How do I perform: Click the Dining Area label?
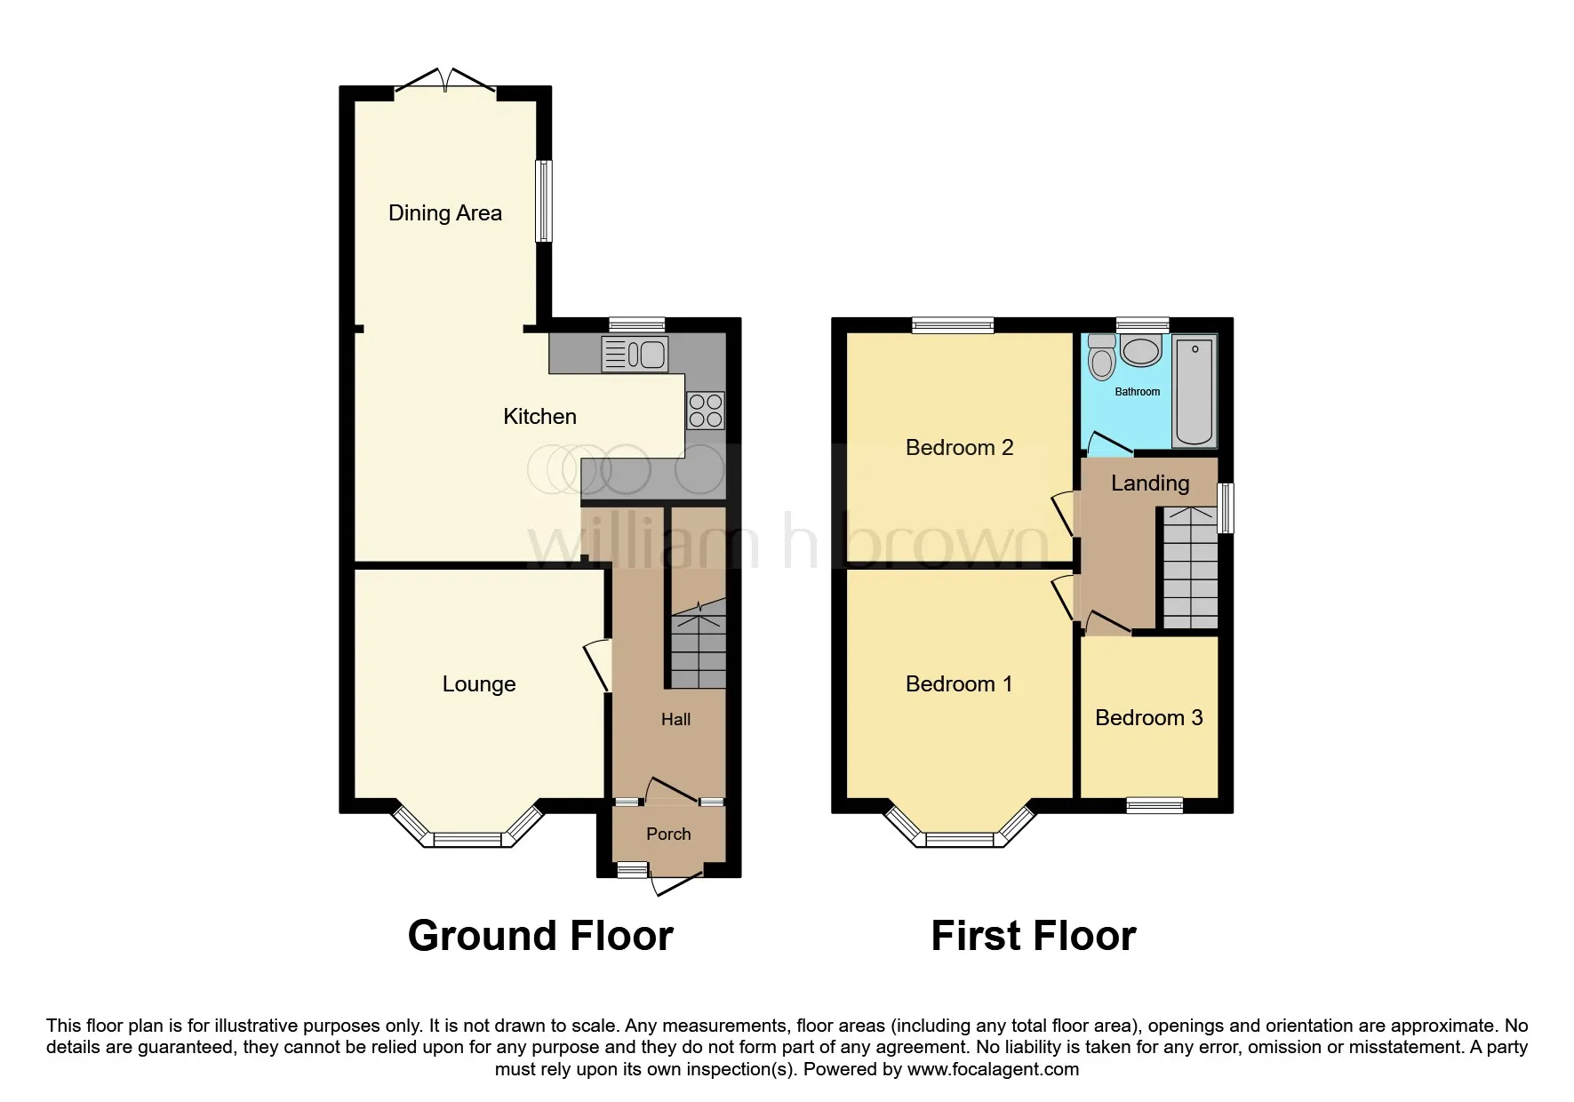point(445,213)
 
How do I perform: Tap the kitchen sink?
point(635,355)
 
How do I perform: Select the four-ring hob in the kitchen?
point(706,411)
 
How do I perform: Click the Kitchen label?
point(539,417)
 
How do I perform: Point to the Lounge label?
point(479,684)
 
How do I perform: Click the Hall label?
point(675,720)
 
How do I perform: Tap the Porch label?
point(668,834)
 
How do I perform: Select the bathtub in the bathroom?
point(1194,391)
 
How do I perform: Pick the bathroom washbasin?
point(1141,350)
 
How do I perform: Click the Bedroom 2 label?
point(960,448)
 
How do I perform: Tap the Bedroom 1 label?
point(959,684)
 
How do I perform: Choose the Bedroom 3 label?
point(1149,718)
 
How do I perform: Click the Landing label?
point(1150,483)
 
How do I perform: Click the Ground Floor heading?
point(540,936)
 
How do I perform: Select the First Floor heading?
point(1034,936)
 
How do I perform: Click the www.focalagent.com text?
point(994,1069)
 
